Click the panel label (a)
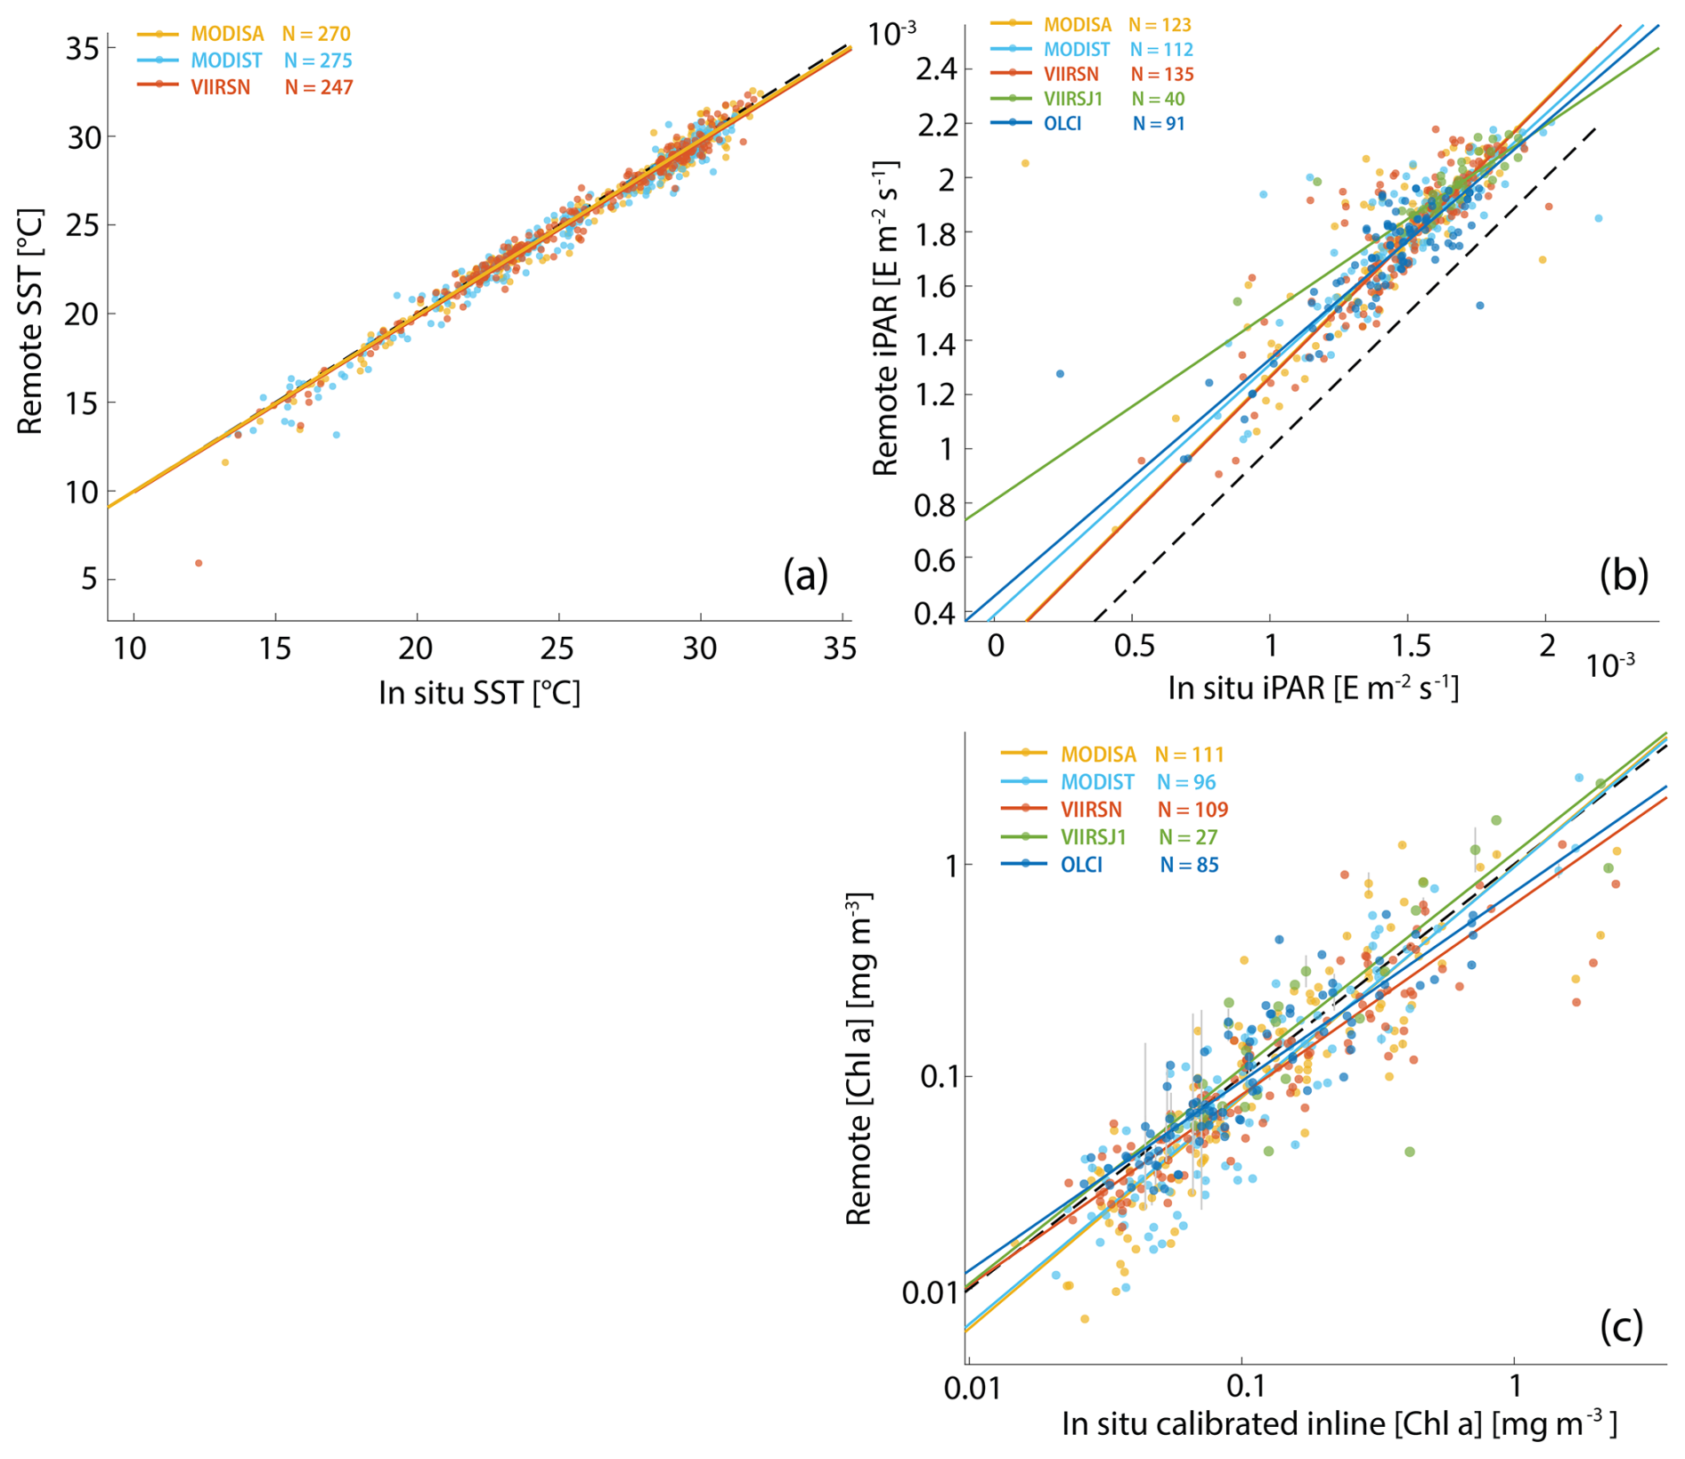(x=805, y=575)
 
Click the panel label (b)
(x=1623, y=575)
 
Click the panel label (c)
(x=1621, y=1326)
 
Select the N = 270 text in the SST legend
(x=316, y=34)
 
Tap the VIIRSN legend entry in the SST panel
(x=220, y=87)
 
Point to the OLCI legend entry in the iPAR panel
(x=1062, y=124)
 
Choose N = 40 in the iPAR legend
(x=1158, y=99)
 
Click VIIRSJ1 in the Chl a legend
(x=1093, y=837)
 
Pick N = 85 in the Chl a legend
(x=1189, y=865)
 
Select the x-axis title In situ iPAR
(x=1313, y=688)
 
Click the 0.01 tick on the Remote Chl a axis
(x=928, y=1292)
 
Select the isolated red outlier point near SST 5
(x=199, y=563)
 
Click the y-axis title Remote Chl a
(x=859, y=1058)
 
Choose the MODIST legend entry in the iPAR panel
(x=1077, y=50)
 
